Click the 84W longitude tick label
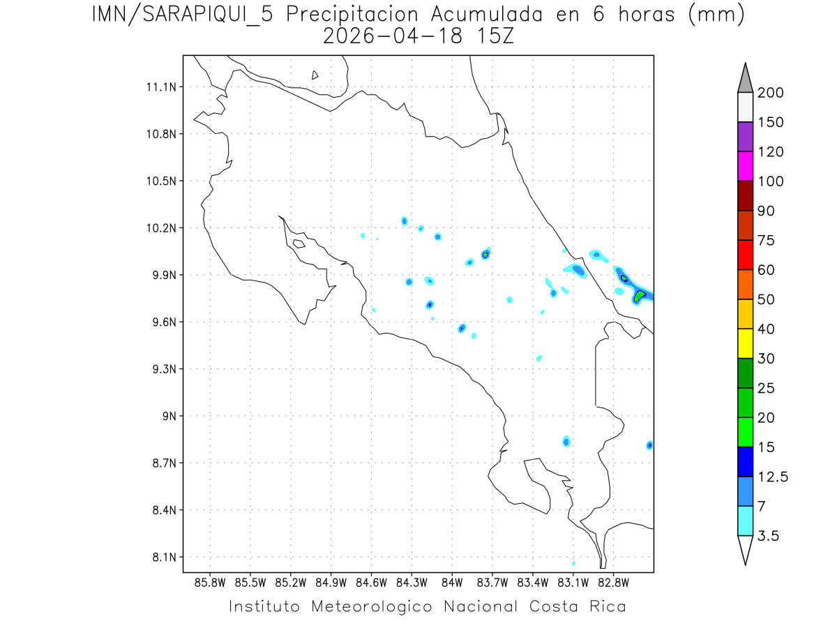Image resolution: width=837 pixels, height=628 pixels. click(x=452, y=582)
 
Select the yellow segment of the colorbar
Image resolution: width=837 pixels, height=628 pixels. click(x=745, y=343)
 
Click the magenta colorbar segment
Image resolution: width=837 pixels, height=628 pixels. click(x=745, y=166)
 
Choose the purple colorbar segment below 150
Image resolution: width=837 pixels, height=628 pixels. click(x=745, y=137)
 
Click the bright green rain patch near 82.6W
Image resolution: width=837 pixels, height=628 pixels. click(x=640, y=297)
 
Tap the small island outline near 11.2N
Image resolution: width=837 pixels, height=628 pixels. click(x=315, y=75)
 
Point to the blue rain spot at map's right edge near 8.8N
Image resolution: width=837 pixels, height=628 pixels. click(x=649, y=445)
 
